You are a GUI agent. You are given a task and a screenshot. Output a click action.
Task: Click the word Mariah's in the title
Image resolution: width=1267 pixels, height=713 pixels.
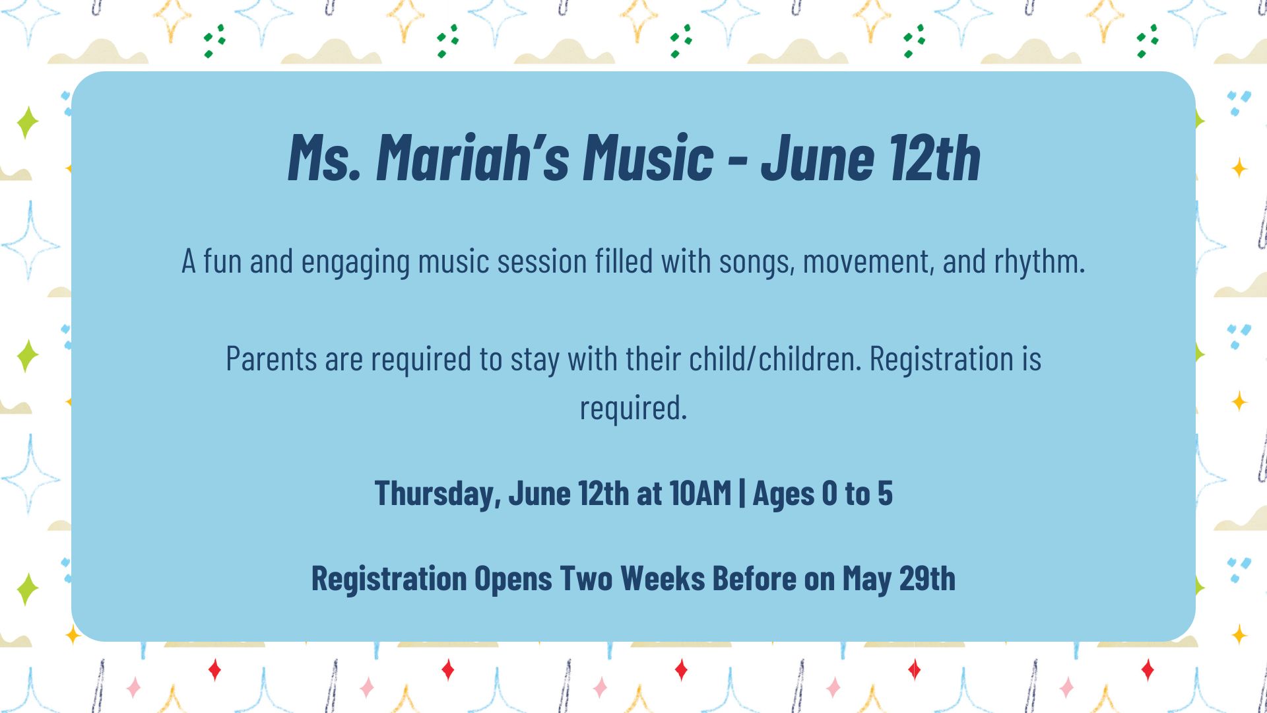(472, 158)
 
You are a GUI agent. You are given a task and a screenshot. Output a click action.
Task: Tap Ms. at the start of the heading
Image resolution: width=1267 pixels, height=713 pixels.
(324, 158)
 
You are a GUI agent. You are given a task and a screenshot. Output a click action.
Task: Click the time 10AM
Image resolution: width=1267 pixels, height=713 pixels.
(700, 493)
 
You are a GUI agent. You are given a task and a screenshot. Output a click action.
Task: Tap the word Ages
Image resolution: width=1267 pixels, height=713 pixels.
(783, 494)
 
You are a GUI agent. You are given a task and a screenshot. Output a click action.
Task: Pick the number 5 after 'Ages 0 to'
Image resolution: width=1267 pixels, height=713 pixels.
(885, 493)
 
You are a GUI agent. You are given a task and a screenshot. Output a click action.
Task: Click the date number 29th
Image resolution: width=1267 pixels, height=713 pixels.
(927, 578)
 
